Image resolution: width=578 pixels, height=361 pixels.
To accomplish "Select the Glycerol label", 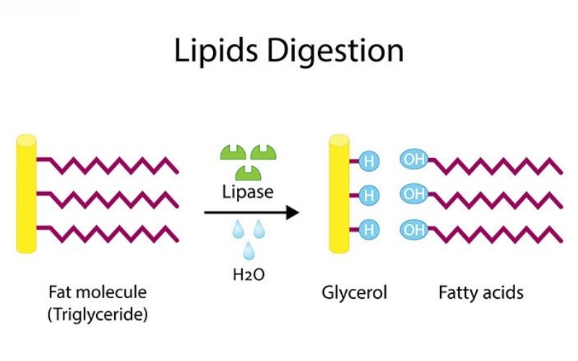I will point(354,293).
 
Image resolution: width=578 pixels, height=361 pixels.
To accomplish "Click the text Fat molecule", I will point(97,292).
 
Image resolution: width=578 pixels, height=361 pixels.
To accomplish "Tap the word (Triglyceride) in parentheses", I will point(97,315).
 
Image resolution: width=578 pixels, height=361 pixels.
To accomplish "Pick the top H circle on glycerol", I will point(368,161).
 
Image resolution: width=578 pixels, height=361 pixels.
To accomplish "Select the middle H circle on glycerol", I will point(368,196).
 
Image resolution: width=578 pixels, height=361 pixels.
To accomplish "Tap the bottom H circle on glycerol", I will point(368,230).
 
